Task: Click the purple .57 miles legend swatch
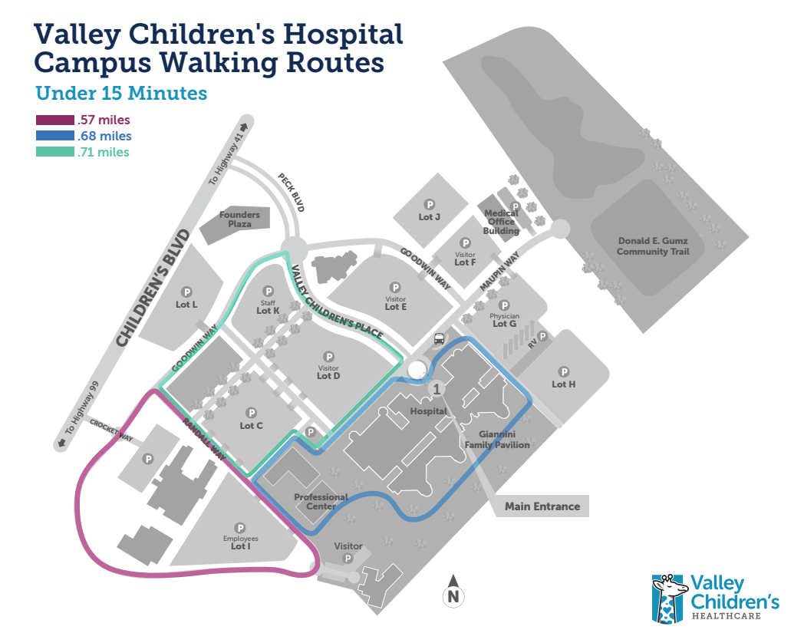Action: coord(54,120)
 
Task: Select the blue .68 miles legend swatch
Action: coord(54,136)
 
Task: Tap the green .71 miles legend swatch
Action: coord(54,152)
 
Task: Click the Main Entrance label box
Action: coord(542,506)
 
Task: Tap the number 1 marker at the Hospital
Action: coord(437,389)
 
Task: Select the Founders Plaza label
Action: coord(239,219)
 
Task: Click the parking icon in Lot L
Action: coord(186,292)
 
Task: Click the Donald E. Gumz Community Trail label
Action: coord(653,246)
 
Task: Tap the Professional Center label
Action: coord(321,502)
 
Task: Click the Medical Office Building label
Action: coord(500,222)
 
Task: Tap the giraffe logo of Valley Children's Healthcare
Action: coord(668,598)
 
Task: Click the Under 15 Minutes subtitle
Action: coord(121,94)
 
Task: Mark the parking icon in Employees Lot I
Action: coord(239,528)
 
